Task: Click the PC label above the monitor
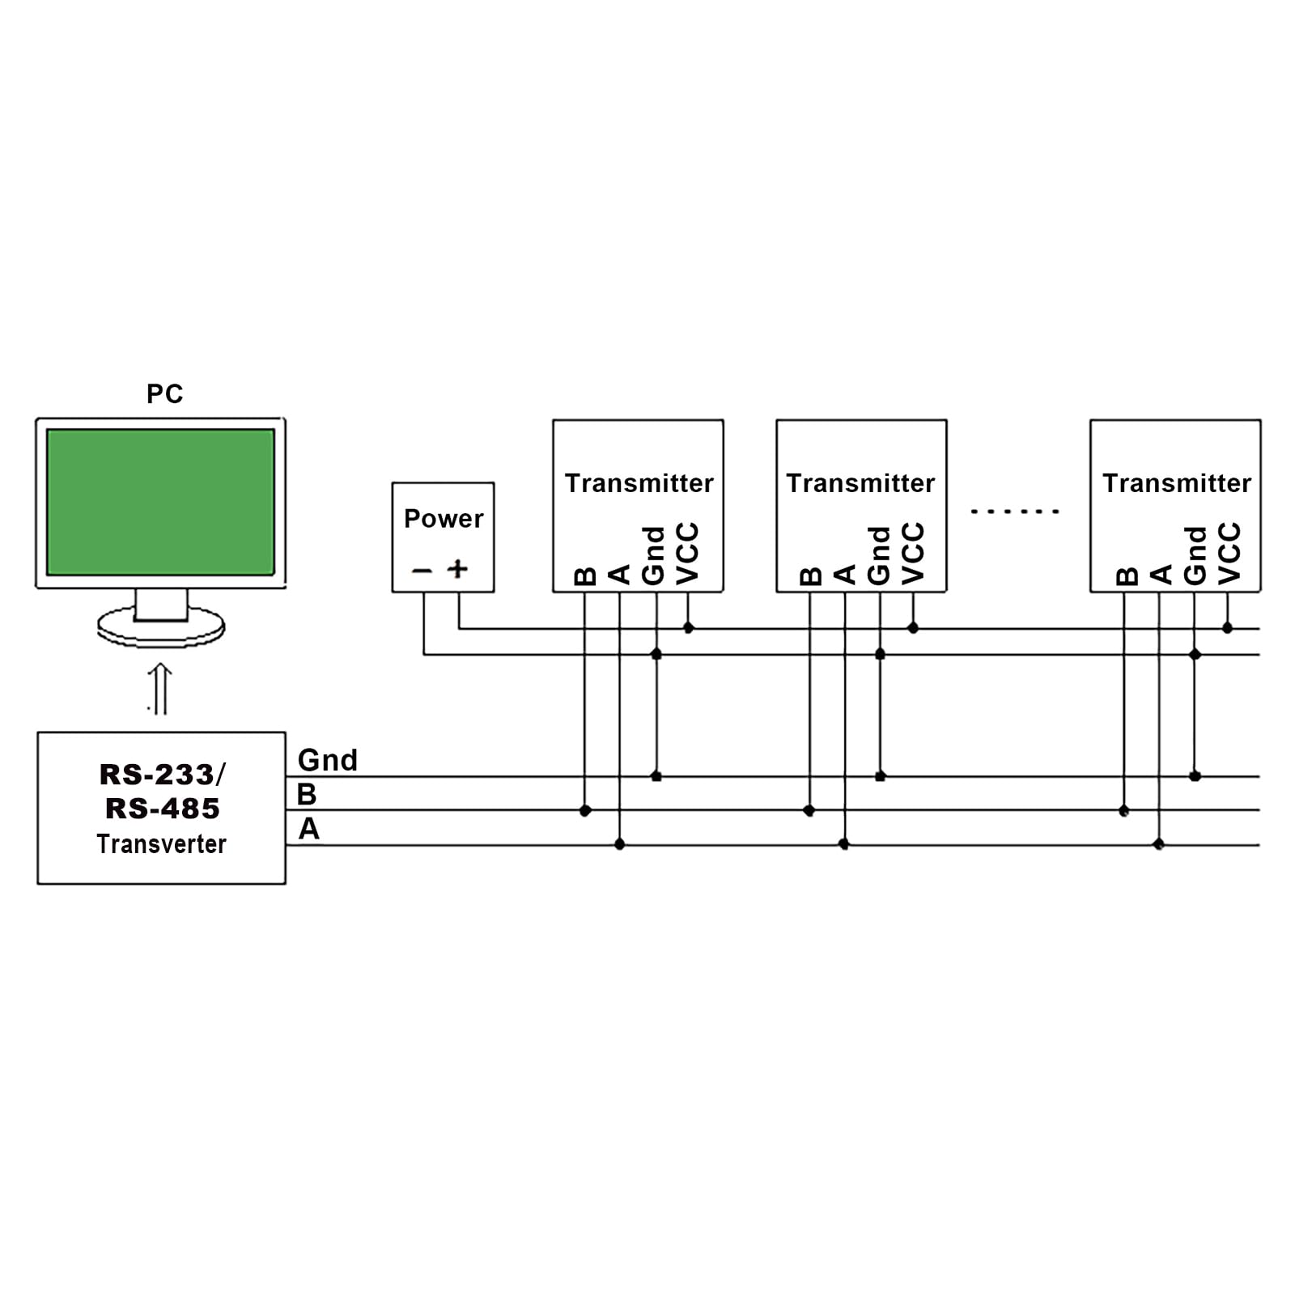pyautogui.click(x=164, y=394)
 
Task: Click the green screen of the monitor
pyautogui.click(x=160, y=502)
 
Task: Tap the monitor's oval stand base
pyautogui.click(x=160, y=628)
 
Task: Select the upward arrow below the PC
pyautogui.click(x=160, y=689)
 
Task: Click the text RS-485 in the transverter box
pyautogui.click(x=163, y=809)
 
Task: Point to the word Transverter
pyautogui.click(x=161, y=844)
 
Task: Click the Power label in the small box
pyautogui.click(x=444, y=519)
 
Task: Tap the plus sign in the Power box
pyautogui.click(x=458, y=569)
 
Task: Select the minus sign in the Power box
pyautogui.click(x=422, y=571)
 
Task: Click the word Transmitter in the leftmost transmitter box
pyautogui.click(x=639, y=483)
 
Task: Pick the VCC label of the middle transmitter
pyautogui.click(x=913, y=554)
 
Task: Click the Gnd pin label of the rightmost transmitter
pyautogui.click(x=1195, y=555)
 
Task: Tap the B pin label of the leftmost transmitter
pyautogui.click(x=584, y=575)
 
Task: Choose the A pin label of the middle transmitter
pyautogui.click(x=844, y=575)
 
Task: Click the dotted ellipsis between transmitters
pyautogui.click(x=1015, y=512)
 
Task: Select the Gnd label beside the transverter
pyautogui.click(x=327, y=760)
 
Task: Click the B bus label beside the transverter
pyautogui.click(x=307, y=795)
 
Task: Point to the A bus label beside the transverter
pyautogui.click(x=308, y=830)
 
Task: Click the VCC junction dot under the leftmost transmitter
pyautogui.click(x=688, y=628)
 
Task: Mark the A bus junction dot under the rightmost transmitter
pyautogui.click(x=1158, y=844)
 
